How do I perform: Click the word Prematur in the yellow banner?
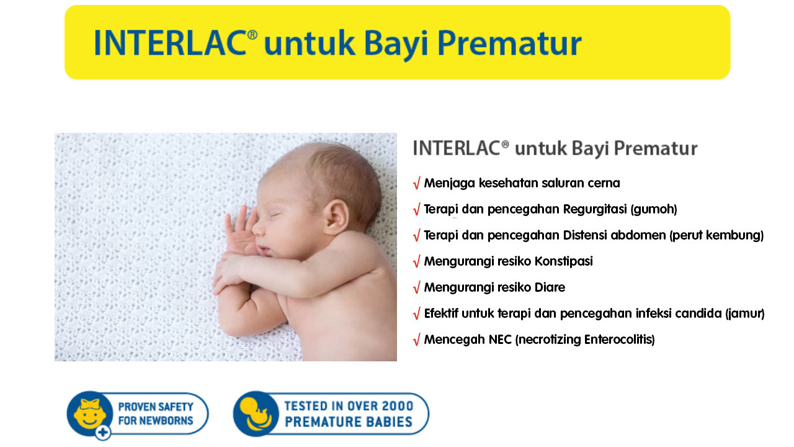pos(509,44)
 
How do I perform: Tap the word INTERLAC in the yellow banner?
pos(170,43)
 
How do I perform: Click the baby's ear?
pos(336,217)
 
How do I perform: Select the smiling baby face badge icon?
pos(89,413)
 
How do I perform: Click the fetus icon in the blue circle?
pos(256,413)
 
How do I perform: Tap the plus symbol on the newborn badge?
pos(103,433)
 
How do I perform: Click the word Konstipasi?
pos(564,261)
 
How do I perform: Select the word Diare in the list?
pos(550,287)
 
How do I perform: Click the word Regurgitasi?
pos(595,209)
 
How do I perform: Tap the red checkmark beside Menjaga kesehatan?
pos(416,183)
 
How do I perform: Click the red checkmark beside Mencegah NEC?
pos(416,340)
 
